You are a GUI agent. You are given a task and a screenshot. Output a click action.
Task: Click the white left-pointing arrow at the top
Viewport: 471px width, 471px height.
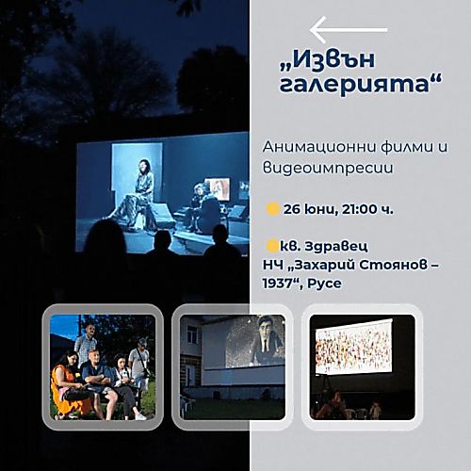pos(349,30)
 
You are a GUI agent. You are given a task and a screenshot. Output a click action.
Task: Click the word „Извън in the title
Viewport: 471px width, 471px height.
pos(327,60)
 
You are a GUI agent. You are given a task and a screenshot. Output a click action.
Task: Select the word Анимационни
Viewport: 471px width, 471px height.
pos(318,147)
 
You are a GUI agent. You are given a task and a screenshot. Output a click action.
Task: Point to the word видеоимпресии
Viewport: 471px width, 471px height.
pos(328,168)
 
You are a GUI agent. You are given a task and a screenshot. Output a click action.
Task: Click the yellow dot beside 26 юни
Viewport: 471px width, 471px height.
pos(272,209)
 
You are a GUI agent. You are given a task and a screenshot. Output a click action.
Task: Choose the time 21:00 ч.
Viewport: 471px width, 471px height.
pos(367,209)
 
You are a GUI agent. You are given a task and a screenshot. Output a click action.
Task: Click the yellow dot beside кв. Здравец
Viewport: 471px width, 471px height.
pos(272,246)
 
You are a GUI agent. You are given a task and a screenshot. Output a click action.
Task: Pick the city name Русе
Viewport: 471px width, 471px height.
pos(325,284)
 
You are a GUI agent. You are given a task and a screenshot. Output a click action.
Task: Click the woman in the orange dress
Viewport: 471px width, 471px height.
pos(68,384)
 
